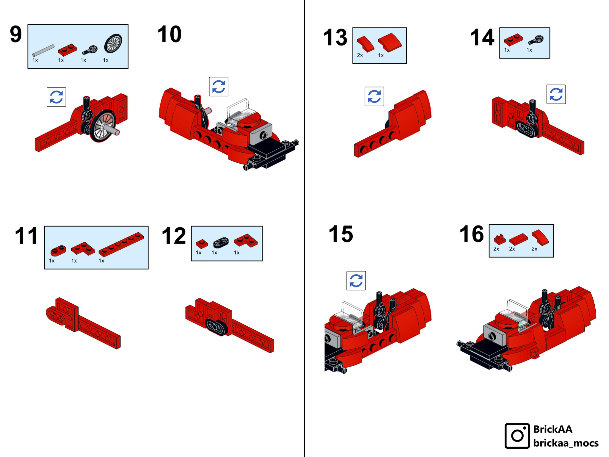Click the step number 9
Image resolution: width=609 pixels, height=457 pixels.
[x=16, y=34]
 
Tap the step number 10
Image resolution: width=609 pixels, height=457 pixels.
[x=169, y=34]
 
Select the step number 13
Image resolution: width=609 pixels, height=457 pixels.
[x=335, y=37]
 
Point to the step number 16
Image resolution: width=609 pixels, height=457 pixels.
[x=472, y=234]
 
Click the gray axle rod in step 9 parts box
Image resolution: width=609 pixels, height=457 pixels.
[x=43, y=50]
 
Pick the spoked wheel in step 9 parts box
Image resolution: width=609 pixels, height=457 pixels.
[x=113, y=43]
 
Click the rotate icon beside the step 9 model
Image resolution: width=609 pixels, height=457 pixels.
[x=56, y=97]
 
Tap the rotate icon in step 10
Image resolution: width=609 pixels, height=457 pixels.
[x=219, y=87]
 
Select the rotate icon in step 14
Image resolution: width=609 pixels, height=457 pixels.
[x=556, y=94]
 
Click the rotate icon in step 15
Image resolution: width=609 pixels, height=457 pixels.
[x=356, y=281]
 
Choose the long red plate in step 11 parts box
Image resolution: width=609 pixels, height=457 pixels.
[x=121, y=244]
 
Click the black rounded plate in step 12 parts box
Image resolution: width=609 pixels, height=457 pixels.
[x=221, y=242]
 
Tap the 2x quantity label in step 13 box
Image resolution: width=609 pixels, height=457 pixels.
[x=360, y=55]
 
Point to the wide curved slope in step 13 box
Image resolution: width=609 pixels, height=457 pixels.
[x=390, y=42]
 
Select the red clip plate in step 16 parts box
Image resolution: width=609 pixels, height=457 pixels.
[x=500, y=239]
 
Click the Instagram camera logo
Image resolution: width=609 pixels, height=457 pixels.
[x=517, y=436]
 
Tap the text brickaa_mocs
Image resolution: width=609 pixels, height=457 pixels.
[x=566, y=443]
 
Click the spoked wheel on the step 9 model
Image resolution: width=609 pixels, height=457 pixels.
[x=103, y=126]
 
